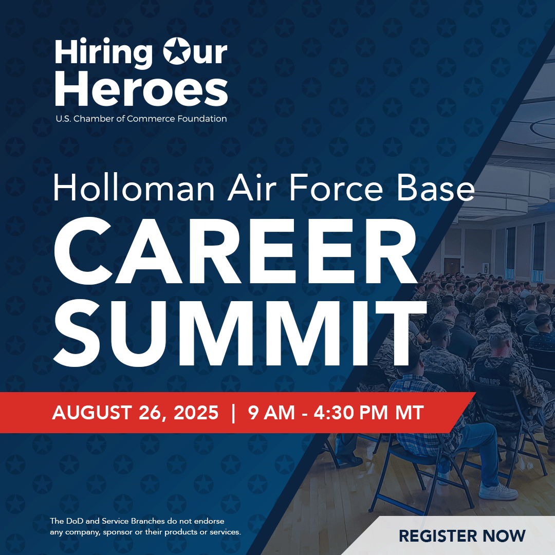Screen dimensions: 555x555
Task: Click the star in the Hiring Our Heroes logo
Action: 176,51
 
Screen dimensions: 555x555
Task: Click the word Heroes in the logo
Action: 141,88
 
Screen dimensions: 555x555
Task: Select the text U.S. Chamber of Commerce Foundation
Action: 141,119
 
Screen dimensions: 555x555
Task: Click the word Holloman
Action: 134,187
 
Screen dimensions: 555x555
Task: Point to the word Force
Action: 336,188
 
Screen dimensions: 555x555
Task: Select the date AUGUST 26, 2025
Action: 135,413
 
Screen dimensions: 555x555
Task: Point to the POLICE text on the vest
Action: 490,381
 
